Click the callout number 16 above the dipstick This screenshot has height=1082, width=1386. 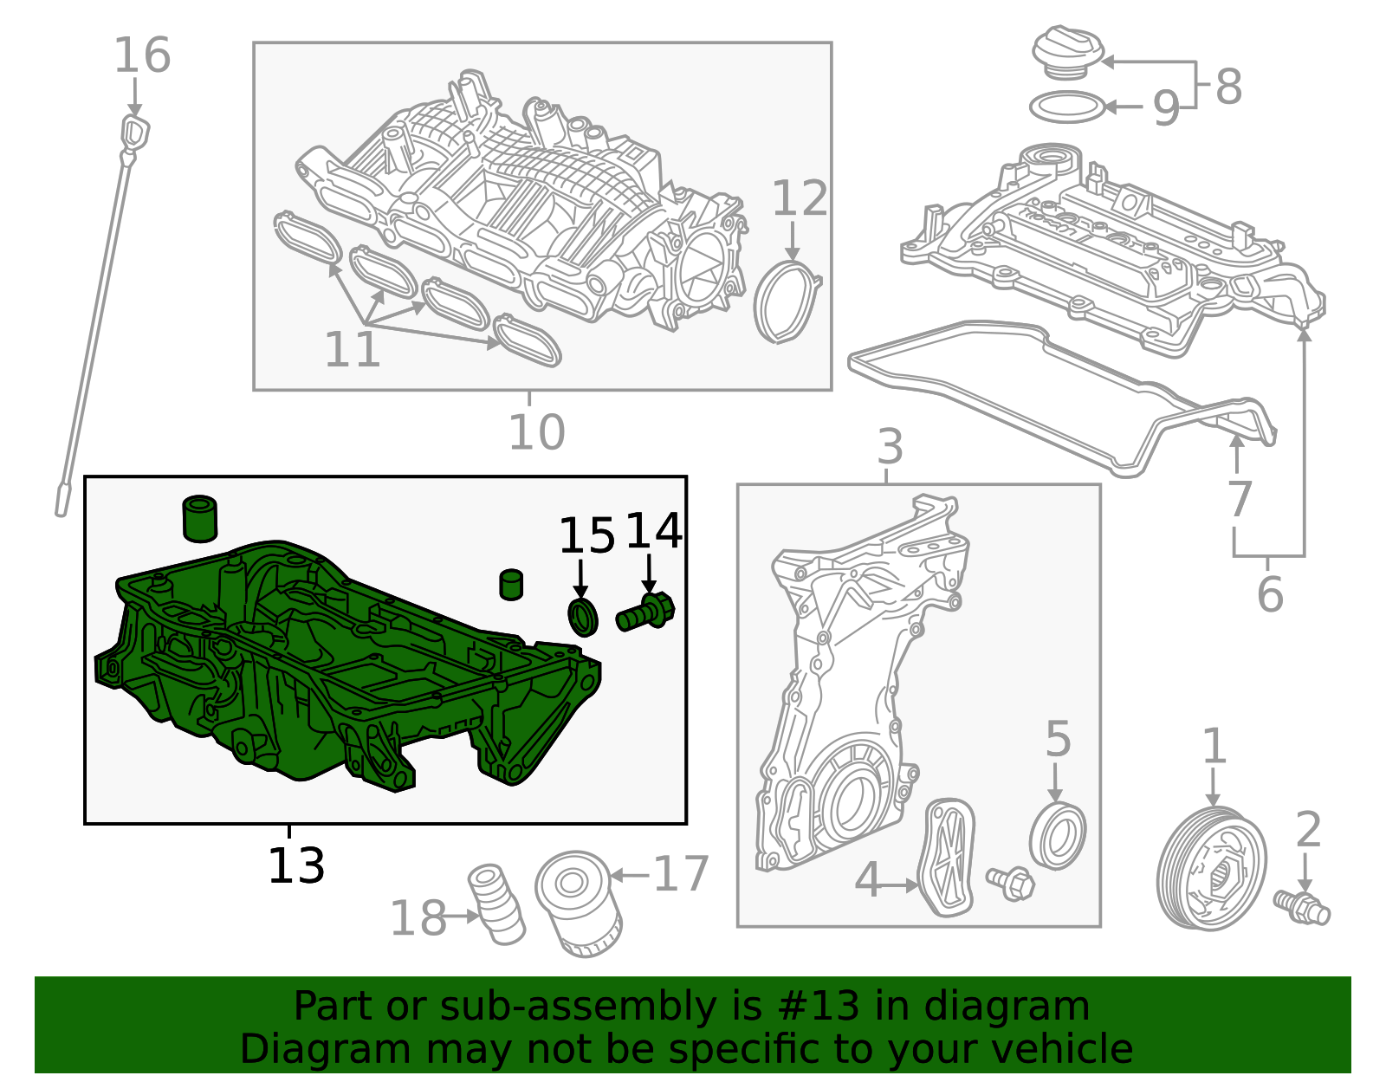pyautogui.click(x=142, y=55)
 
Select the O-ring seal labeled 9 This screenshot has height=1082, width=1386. pyautogui.click(x=1067, y=107)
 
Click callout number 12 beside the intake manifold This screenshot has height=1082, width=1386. pyautogui.click(x=799, y=198)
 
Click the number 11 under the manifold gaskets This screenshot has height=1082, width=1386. pyautogui.click(x=352, y=349)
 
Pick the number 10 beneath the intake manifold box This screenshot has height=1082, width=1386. pyautogui.click(x=536, y=431)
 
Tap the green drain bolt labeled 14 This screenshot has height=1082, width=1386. pyautogui.click(x=645, y=613)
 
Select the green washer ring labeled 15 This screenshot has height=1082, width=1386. pyautogui.click(x=583, y=616)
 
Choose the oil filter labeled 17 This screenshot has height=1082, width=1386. pyautogui.click(x=579, y=903)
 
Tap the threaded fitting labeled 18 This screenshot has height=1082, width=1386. pyautogui.click(x=495, y=904)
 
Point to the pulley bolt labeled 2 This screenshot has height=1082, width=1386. pyautogui.click(x=1302, y=905)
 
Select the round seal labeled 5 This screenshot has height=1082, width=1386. pyautogui.click(x=1058, y=836)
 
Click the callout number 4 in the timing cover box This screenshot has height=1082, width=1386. pyautogui.click(x=867, y=881)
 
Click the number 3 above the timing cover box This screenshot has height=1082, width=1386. pyautogui.click(x=890, y=447)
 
